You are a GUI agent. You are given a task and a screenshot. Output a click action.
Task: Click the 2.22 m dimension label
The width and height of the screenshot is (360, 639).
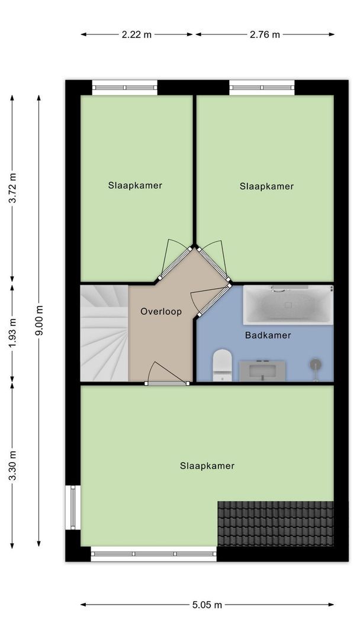tap(137, 34)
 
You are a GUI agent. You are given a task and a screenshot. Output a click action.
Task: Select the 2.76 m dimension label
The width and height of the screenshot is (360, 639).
tap(265, 34)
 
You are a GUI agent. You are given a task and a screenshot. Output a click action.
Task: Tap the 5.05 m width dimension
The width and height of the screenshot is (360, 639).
tap(207, 605)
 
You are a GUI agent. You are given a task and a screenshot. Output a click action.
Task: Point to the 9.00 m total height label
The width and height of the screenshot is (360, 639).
tap(39, 320)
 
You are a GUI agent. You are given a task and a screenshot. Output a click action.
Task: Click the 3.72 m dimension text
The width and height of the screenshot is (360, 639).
tap(12, 188)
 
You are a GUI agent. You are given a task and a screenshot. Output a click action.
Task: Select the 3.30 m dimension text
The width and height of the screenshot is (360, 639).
tap(12, 465)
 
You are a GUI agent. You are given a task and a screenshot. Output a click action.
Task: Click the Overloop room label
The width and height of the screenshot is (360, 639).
tap(161, 311)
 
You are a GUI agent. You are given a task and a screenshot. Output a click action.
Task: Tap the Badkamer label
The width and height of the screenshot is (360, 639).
tap(268, 335)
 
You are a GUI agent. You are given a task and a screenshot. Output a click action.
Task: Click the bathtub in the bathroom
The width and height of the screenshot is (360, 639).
tap(288, 305)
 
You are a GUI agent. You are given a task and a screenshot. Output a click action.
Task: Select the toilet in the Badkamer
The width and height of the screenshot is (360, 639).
tap(222, 364)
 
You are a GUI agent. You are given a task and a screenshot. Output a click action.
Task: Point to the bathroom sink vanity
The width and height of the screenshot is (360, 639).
tap(262, 371)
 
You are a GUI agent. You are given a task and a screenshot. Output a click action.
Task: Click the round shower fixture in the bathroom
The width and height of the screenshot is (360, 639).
tap(316, 365)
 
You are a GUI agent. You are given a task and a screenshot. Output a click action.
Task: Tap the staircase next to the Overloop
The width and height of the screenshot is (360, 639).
tap(104, 333)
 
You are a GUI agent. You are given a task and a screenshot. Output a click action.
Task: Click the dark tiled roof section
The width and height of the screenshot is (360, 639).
tap(275, 523)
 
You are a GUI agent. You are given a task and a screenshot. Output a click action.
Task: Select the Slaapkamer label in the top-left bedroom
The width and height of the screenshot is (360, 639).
tap(135, 185)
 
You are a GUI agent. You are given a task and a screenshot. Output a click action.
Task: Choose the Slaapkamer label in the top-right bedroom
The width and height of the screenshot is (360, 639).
tap(266, 186)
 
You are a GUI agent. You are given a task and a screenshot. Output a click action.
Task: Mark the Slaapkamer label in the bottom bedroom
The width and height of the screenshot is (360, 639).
tap(207, 466)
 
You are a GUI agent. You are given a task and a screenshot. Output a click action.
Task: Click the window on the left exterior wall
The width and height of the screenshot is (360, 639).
tap(73, 507)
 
